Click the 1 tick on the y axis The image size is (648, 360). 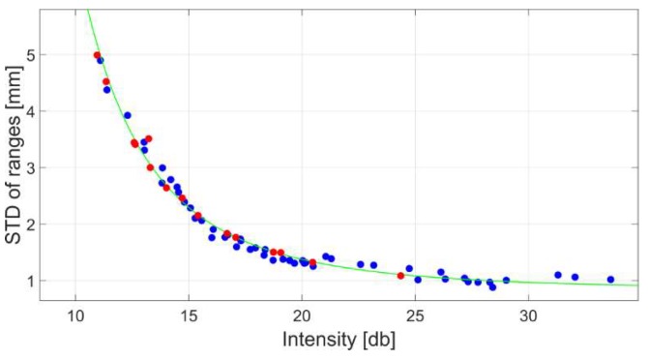[33, 282]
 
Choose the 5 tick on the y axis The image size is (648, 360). [33, 55]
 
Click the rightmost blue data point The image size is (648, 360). [610, 279]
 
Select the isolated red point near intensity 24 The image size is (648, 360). [400, 276]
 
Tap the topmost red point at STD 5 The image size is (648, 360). [97, 55]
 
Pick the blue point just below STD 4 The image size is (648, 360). [127, 115]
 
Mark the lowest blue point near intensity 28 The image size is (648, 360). [492, 286]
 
